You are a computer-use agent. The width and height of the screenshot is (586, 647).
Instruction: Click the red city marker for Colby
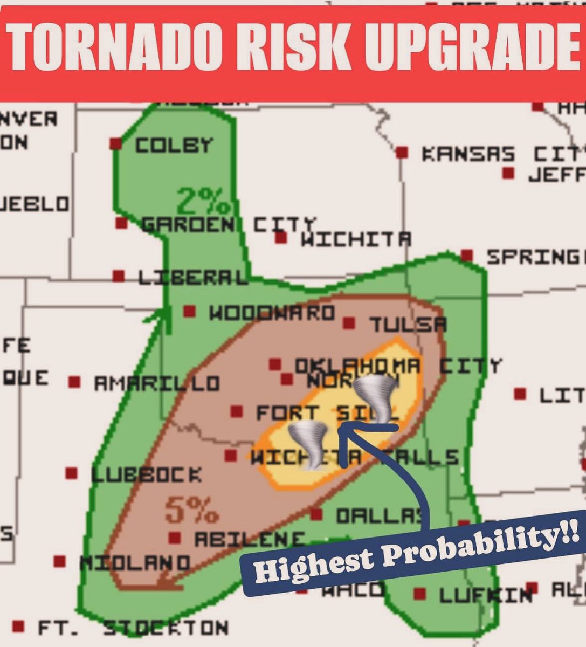coord(115,144)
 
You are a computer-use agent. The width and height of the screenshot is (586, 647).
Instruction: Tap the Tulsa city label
coord(408,325)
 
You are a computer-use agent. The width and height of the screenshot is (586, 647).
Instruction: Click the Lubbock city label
coord(147,475)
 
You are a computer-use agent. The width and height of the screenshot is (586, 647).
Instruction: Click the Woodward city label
coord(272,313)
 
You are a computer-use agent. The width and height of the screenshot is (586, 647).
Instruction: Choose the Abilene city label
coord(249,539)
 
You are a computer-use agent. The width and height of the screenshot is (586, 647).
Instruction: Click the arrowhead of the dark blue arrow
coord(345,428)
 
